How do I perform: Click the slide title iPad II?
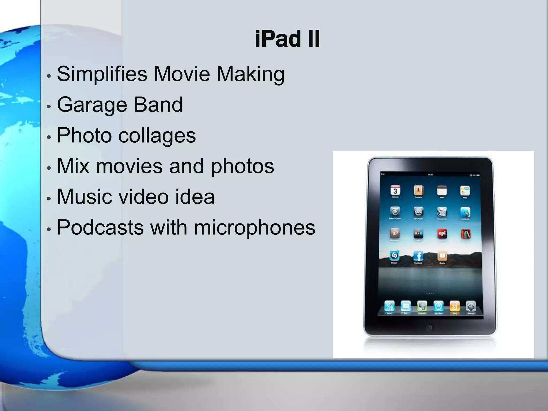pos(287,40)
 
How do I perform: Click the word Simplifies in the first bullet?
pos(102,74)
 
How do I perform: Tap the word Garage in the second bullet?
pos(92,105)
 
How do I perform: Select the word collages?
pos(157,135)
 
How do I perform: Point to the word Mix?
pos(73,166)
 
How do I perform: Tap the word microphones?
pos(254,227)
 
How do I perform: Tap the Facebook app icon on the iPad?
pos(418,256)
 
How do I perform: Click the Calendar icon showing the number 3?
pos(395,191)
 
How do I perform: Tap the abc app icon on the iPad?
pos(418,212)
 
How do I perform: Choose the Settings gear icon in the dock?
pos(471,306)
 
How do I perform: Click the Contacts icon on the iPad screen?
pos(418,191)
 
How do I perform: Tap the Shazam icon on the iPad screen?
pos(394,256)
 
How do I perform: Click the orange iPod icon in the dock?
pos(455,306)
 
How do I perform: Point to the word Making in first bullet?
pos(250,74)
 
